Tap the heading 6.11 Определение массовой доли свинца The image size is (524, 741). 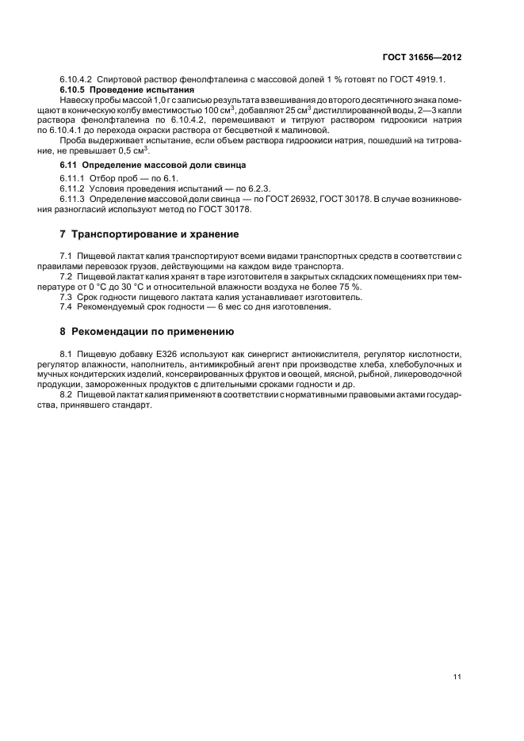pos(153,164)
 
